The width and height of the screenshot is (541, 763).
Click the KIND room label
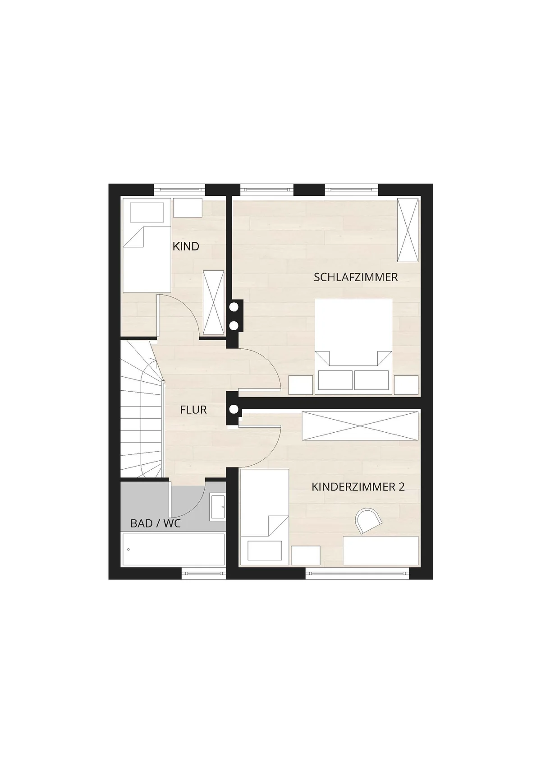tap(186, 246)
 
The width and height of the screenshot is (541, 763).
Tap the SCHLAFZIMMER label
tap(356, 277)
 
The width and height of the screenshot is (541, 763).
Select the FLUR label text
tap(193, 410)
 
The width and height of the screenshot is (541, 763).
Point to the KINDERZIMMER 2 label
tap(358, 487)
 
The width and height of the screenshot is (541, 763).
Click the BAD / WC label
tap(156, 523)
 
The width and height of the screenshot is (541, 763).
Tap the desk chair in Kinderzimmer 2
tap(368, 520)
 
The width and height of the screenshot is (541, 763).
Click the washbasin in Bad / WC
tap(217, 507)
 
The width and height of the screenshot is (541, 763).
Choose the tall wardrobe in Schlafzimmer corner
tap(408, 230)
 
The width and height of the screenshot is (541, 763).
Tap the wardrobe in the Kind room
tap(214, 303)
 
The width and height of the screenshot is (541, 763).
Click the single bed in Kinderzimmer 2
tap(264, 517)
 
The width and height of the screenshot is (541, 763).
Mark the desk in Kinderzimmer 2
tap(381, 550)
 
